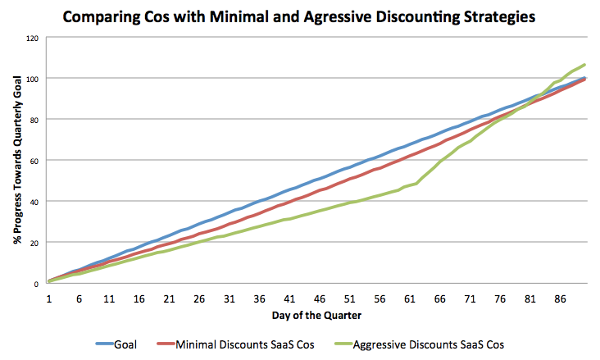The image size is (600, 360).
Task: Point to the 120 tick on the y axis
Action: point(32,38)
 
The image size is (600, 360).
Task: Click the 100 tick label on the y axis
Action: point(32,79)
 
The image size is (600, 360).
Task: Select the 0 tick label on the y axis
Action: point(36,284)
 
